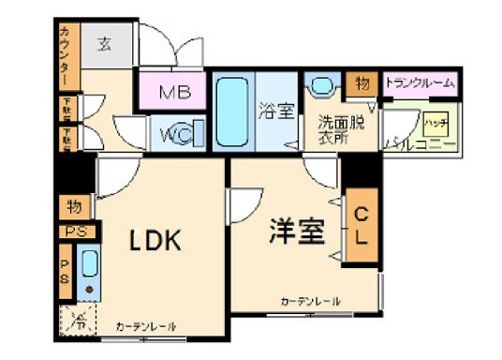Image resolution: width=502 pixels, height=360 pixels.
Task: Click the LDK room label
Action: [155, 240]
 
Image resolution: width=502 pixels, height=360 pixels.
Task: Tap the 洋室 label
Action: [299, 230]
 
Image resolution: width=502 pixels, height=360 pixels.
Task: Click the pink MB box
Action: [174, 92]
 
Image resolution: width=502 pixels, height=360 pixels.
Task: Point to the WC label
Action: [174, 135]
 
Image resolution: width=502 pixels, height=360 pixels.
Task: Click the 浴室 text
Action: [276, 110]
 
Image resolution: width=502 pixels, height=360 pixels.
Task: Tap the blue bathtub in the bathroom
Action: [230, 111]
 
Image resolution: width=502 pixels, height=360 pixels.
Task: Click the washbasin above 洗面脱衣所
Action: [323, 87]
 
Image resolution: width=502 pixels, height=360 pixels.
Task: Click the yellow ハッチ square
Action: [435, 123]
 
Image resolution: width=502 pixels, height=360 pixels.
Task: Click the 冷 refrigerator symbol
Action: [80, 321]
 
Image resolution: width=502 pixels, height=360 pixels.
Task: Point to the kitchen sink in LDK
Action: [89, 271]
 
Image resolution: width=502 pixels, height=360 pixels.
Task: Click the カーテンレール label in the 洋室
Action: [310, 301]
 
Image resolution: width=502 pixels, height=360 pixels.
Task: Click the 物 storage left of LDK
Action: [73, 205]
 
